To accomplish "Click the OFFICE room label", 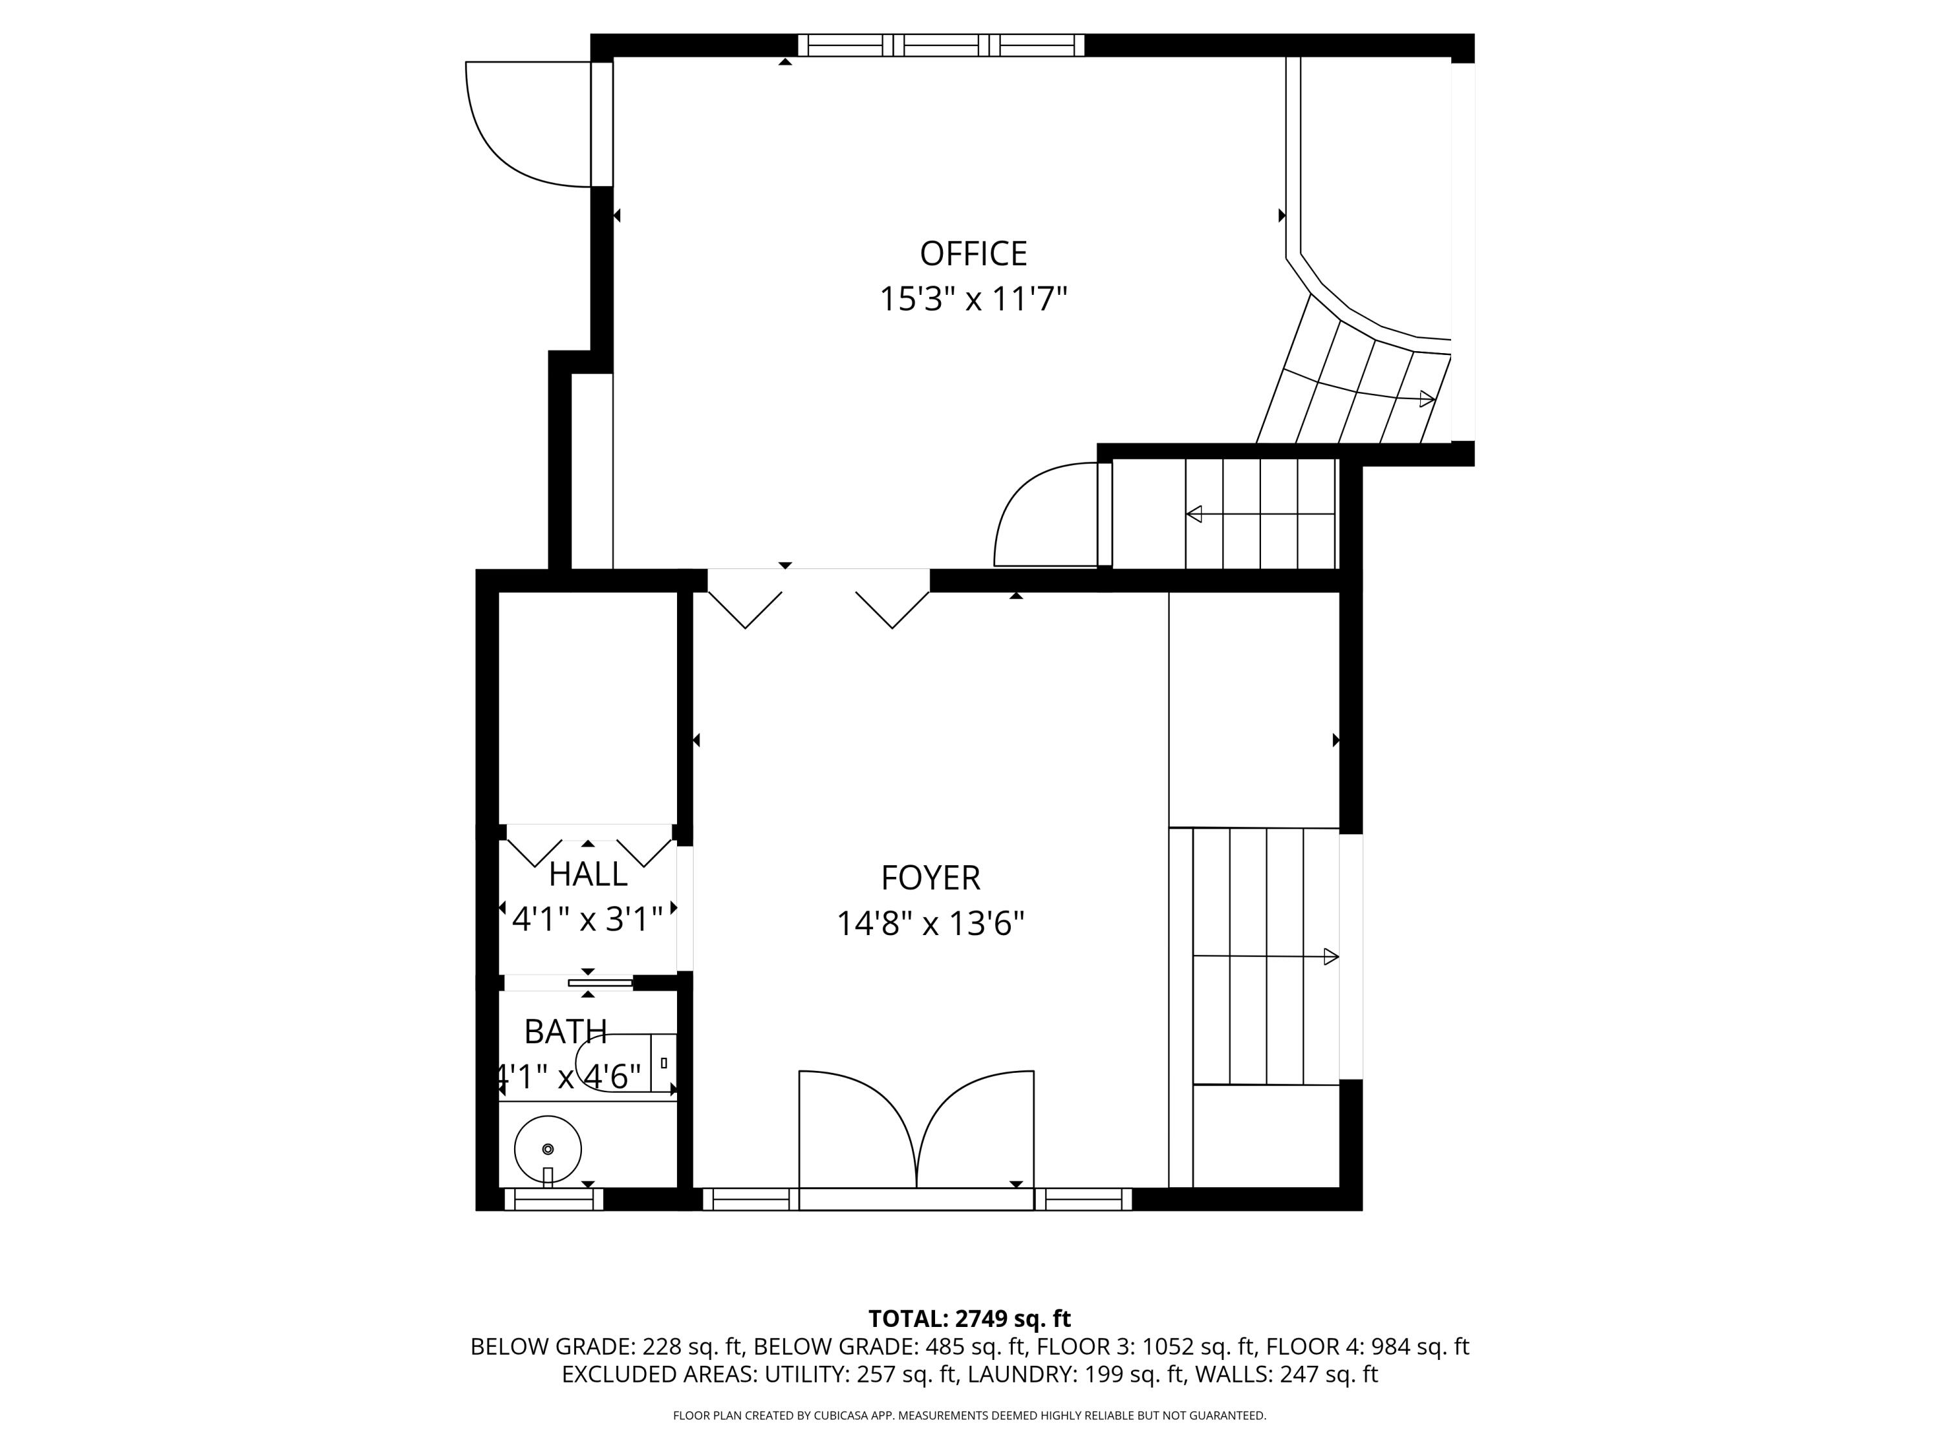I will (973, 253).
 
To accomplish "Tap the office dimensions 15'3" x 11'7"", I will (973, 299).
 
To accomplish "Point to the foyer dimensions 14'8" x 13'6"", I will (930, 923).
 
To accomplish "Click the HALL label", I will (588, 874).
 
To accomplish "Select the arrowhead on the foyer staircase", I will (1330, 956).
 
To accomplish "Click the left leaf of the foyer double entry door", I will (855, 1127).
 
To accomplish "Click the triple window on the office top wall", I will (940, 45).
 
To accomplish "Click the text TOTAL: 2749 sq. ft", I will (969, 1318).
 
